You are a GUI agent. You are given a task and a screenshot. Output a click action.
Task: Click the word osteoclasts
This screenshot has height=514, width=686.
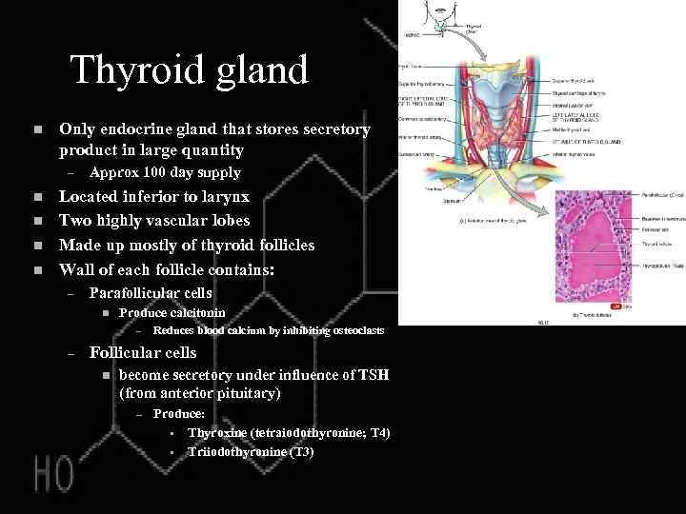352,330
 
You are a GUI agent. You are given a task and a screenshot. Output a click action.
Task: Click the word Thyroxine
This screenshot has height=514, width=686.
218,433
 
